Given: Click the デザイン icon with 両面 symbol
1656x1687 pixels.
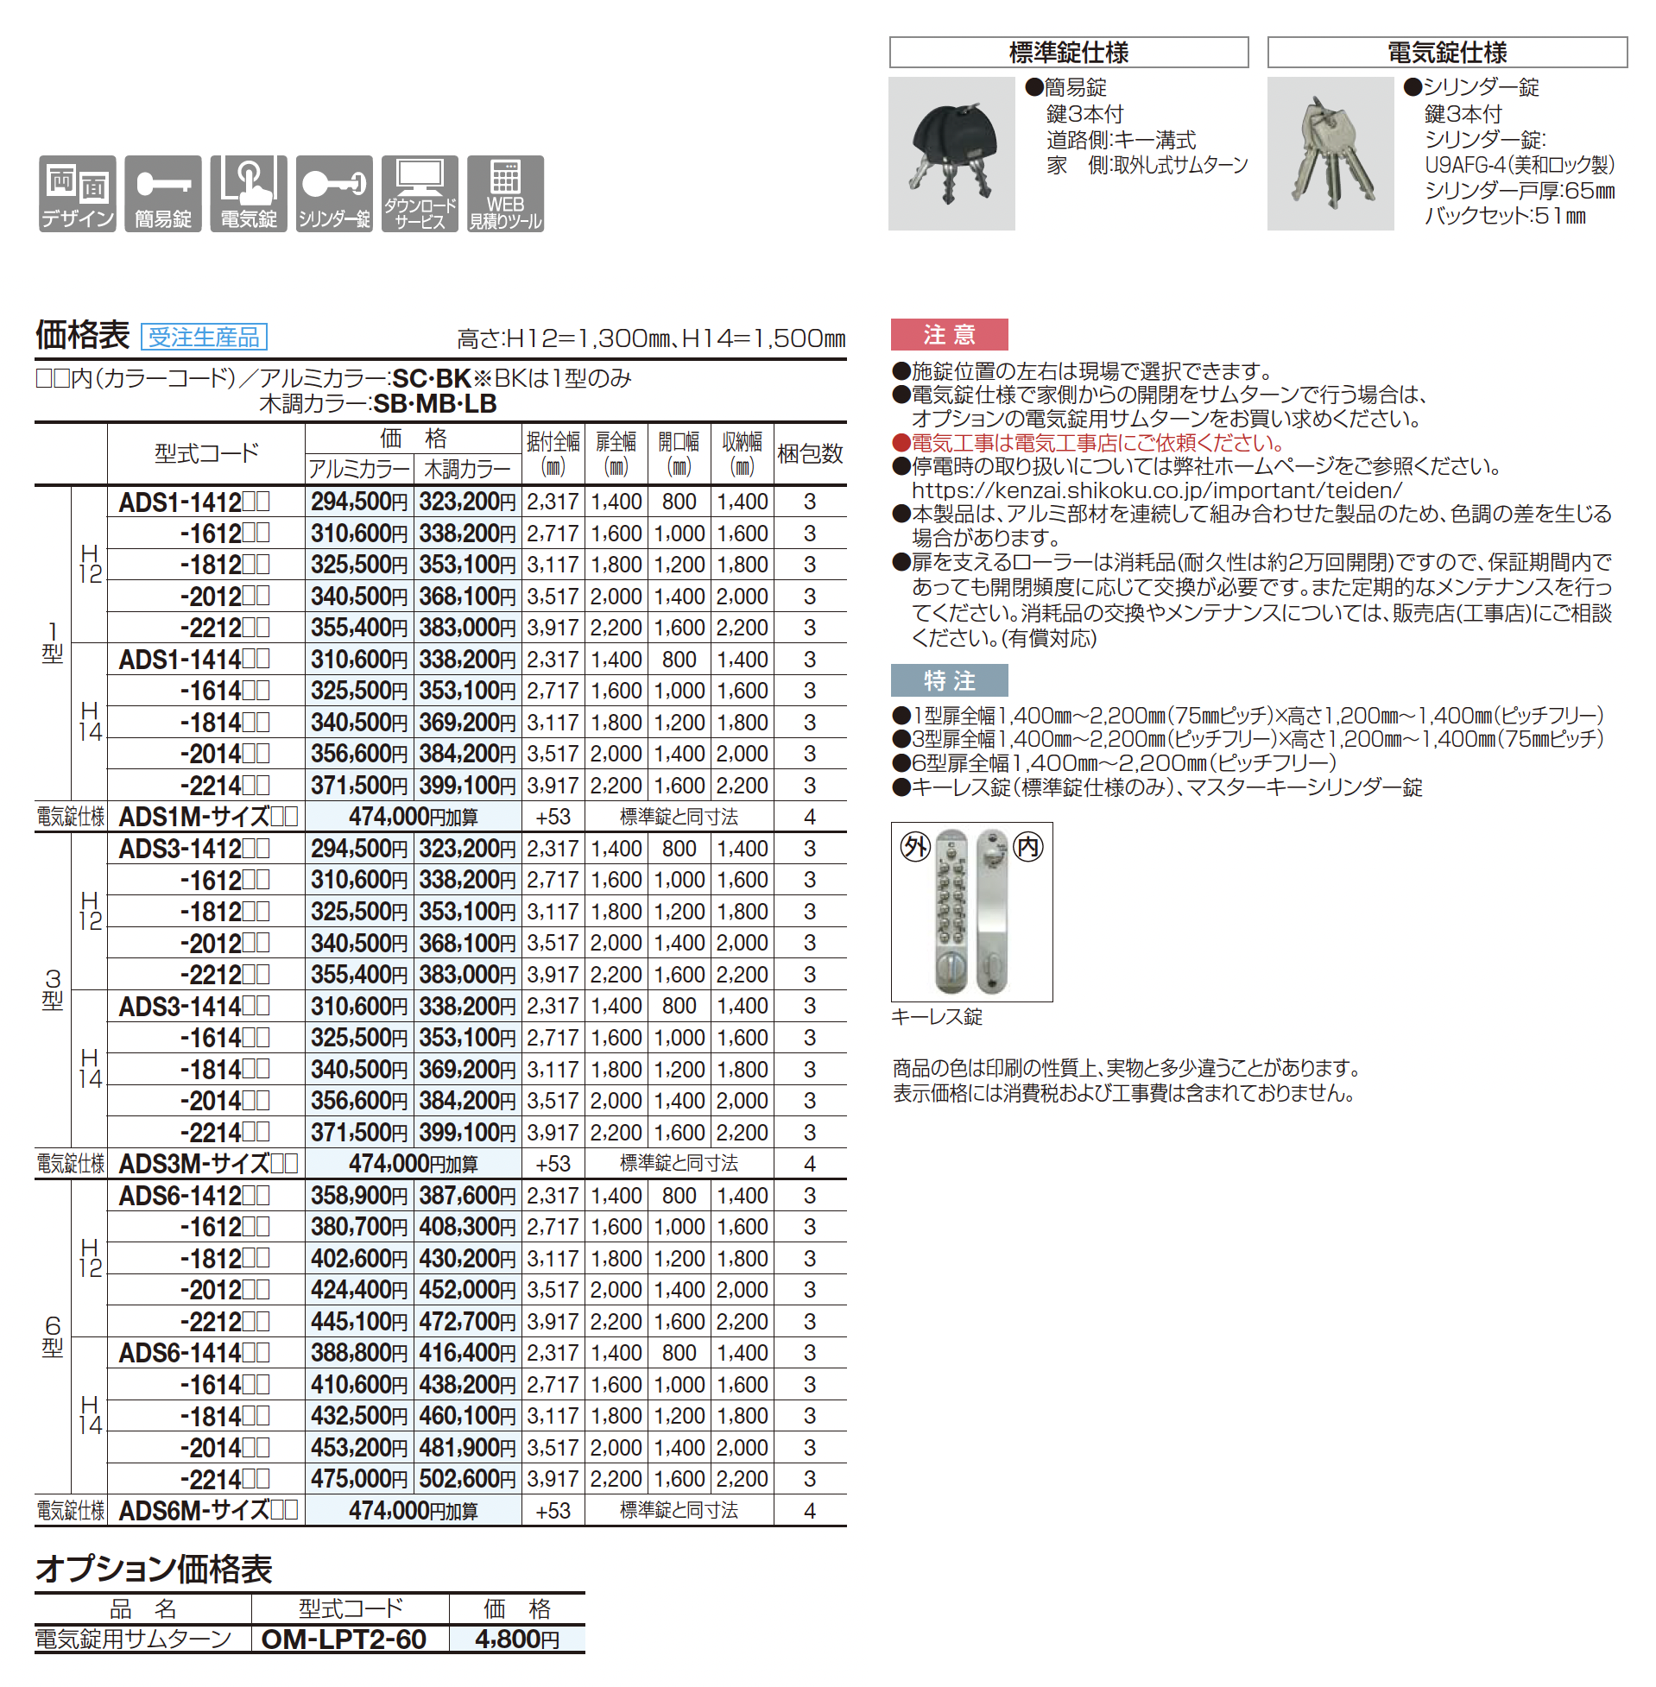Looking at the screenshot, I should pos(78,194).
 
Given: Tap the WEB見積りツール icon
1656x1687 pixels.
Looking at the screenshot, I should pos(505,194).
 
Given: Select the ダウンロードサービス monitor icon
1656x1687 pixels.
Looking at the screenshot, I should pos(420,194).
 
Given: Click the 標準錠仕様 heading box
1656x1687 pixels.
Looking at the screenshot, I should pos(1068,52).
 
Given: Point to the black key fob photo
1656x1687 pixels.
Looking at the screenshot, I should pos(951,153).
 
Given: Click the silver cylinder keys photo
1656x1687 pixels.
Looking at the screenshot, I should pos(1330,153).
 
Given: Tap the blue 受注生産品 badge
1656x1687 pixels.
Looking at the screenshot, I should pos(204,337).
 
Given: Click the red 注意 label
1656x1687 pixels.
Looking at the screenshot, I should pos(949,334).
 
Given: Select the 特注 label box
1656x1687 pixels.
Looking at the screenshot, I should pos(949,680).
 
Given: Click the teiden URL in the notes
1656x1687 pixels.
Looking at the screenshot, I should pos(1156,490).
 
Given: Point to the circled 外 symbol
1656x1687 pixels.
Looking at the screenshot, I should pos(915,846).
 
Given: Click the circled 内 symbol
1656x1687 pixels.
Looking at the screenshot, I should pos(1028,846).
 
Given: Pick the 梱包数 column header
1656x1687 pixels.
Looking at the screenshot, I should pos(809,453).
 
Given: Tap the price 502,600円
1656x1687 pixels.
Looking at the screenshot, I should pos(467,1479).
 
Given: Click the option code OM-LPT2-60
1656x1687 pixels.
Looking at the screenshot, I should pos(344,1640).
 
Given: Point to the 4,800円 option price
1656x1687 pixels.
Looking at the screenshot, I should pos(517,1640).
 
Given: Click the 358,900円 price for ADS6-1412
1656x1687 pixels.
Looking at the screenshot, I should pos(358,1196).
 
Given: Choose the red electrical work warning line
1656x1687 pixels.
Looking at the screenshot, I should pos(1096,443).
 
